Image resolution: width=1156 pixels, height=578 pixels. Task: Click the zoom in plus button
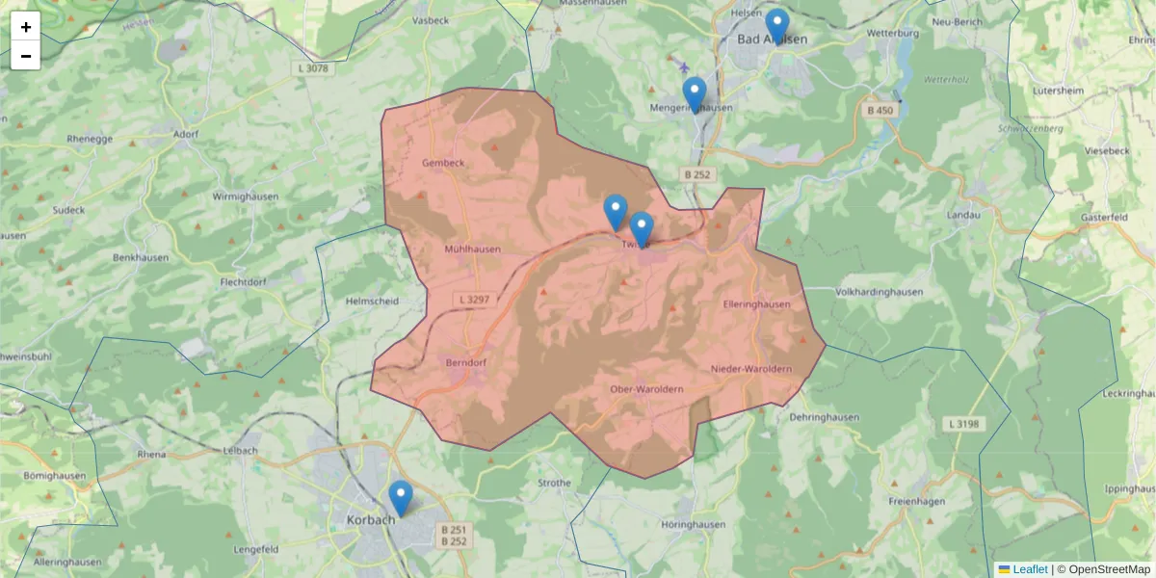click(x=26, y=27)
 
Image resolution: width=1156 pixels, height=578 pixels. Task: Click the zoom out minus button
click(x=26, y=56)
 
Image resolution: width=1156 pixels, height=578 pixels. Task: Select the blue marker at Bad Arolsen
click(x=776, y=26)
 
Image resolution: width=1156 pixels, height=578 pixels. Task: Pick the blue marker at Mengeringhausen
click(x=694, y=94)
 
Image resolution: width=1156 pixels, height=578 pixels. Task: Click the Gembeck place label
click(x=443, y=163)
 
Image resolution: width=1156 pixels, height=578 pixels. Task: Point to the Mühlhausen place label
click(x=472, y=249)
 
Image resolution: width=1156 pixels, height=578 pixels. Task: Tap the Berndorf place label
click(x=469, y=363)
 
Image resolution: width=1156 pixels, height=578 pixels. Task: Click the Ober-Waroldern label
click(x=646, y=389)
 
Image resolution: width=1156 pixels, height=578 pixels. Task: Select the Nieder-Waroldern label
click(x=751, y=370)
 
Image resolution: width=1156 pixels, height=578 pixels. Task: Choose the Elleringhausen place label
click(x=756, y=304)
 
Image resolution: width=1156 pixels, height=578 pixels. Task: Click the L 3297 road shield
click(x=474, y=300)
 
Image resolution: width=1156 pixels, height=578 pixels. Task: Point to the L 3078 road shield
click(x=313, y=68)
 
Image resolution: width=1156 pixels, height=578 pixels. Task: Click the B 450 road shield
click(x=880, y=111)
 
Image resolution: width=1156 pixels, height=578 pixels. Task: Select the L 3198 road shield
click(x=962, y=424)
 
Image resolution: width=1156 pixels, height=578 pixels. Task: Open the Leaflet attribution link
click(x=1029, y=569)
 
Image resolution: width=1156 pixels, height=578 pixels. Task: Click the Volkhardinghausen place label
click(x=880, y=292)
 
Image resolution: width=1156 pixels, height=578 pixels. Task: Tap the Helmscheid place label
click(x=371, y=301)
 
